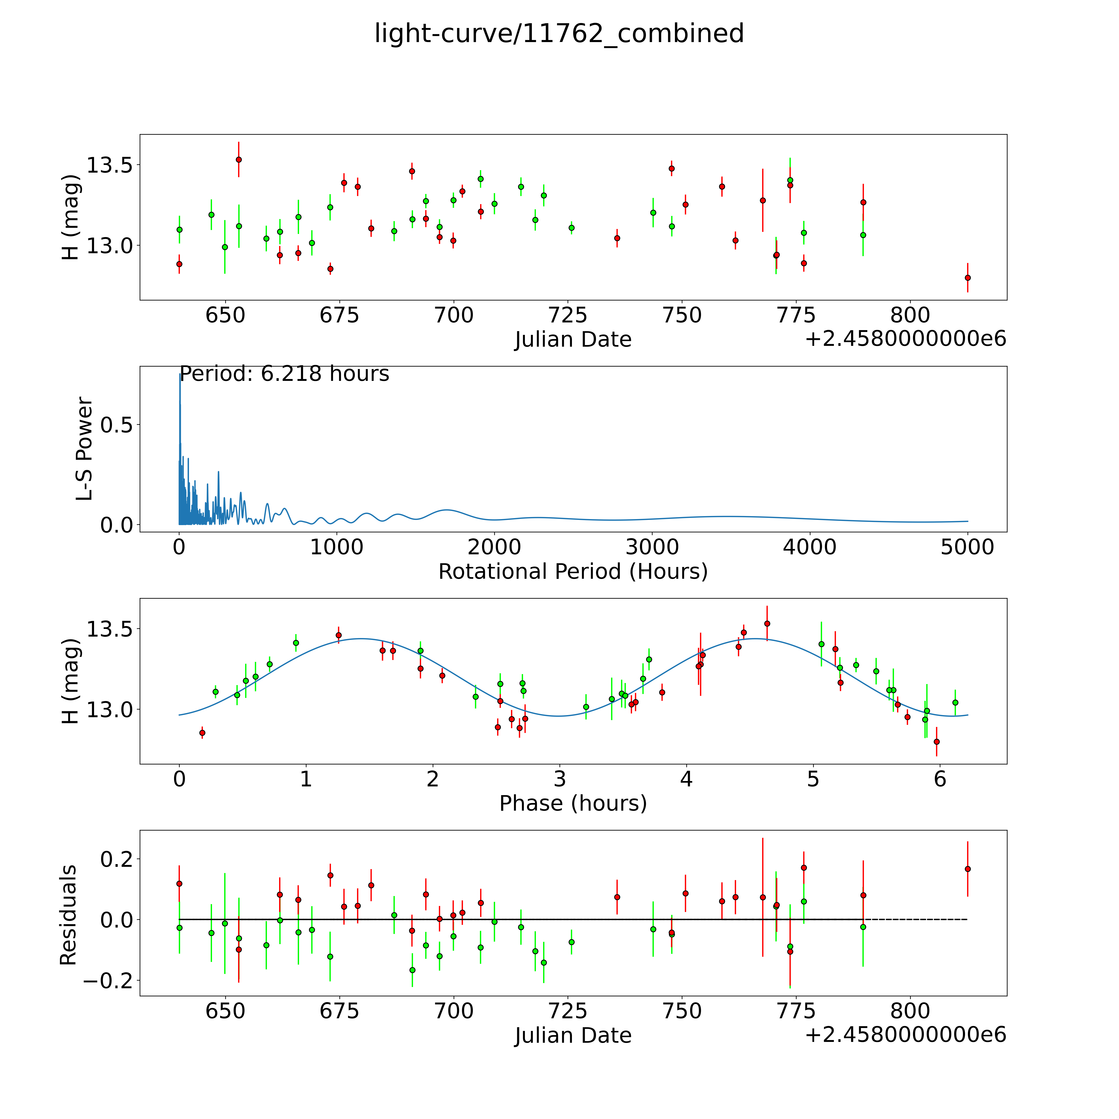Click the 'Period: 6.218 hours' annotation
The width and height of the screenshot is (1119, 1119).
[284, 374]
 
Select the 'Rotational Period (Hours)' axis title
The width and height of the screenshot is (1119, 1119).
[573, 572]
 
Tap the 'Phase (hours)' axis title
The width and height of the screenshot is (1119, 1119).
[573, 803]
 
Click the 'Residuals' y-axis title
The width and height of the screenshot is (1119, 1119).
[68, 915]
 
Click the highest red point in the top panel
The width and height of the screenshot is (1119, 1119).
[239, 159]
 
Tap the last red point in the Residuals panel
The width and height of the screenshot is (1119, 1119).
[967, 869]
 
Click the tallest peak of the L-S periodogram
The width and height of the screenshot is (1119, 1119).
[179, 375]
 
